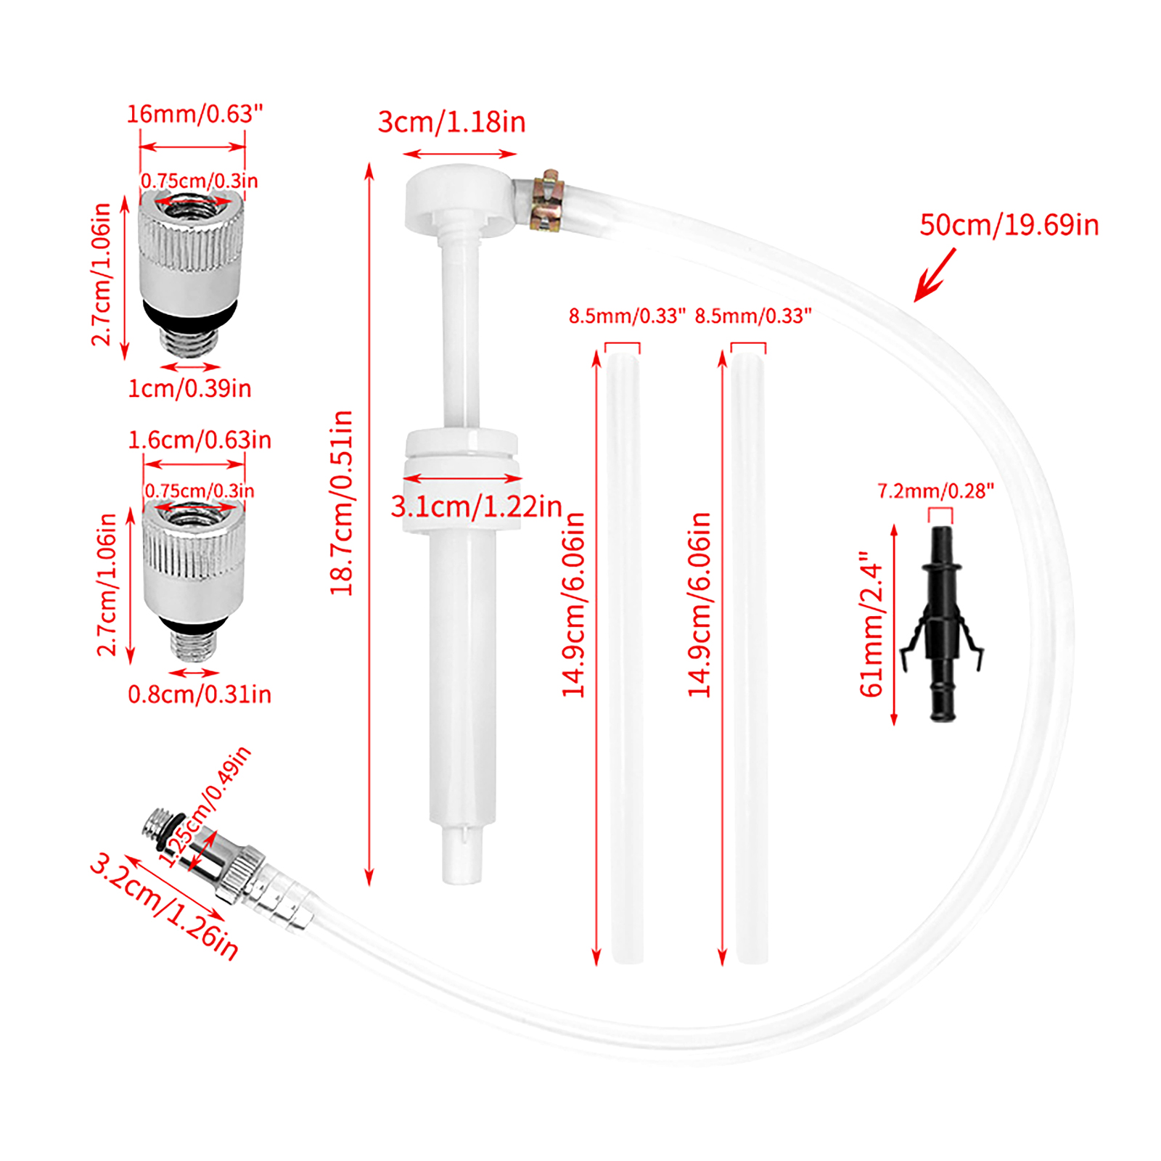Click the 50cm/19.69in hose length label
point(1009,225)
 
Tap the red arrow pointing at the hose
point(935,274)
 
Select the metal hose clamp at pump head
point(545,201)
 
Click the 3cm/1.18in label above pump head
point(451,122)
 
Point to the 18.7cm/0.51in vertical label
point(341,503)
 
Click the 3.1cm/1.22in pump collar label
point(477,506)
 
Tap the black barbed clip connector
point(942,624)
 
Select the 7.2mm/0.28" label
point(935,491)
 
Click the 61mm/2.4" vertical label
point(871,624)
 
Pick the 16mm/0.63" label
point(194,114)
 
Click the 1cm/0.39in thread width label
point(189,388)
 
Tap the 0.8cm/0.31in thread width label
point(200,694)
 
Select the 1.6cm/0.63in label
point(200,440)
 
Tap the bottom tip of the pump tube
point(462,882)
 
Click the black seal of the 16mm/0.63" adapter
point(189,313)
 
